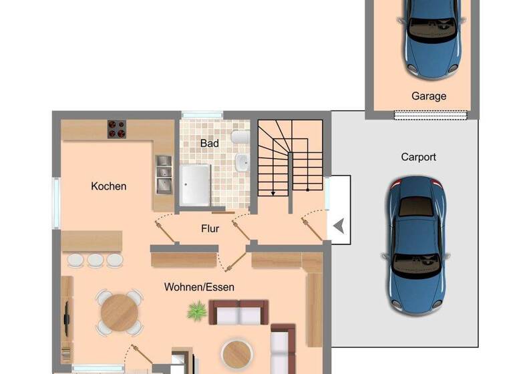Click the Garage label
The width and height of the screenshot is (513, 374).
tap(428, 96)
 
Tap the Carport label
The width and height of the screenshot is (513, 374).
tap(418, 157)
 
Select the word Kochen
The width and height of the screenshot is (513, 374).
tap(109, 186)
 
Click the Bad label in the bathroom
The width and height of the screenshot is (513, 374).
tap(209, 143)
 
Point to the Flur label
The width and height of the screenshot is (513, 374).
tap(210, 228)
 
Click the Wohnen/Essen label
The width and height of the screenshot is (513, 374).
tap(199, 287)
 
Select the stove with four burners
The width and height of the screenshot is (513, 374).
tap(117, 129)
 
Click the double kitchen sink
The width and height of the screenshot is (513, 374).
tap(162, 174)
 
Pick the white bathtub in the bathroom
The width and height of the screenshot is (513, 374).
tap(194, 184)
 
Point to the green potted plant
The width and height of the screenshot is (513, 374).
tap(197, 311)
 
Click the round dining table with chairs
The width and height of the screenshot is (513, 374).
tap(119, 312)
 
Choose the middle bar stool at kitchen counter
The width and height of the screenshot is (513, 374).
tap(96, 260)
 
